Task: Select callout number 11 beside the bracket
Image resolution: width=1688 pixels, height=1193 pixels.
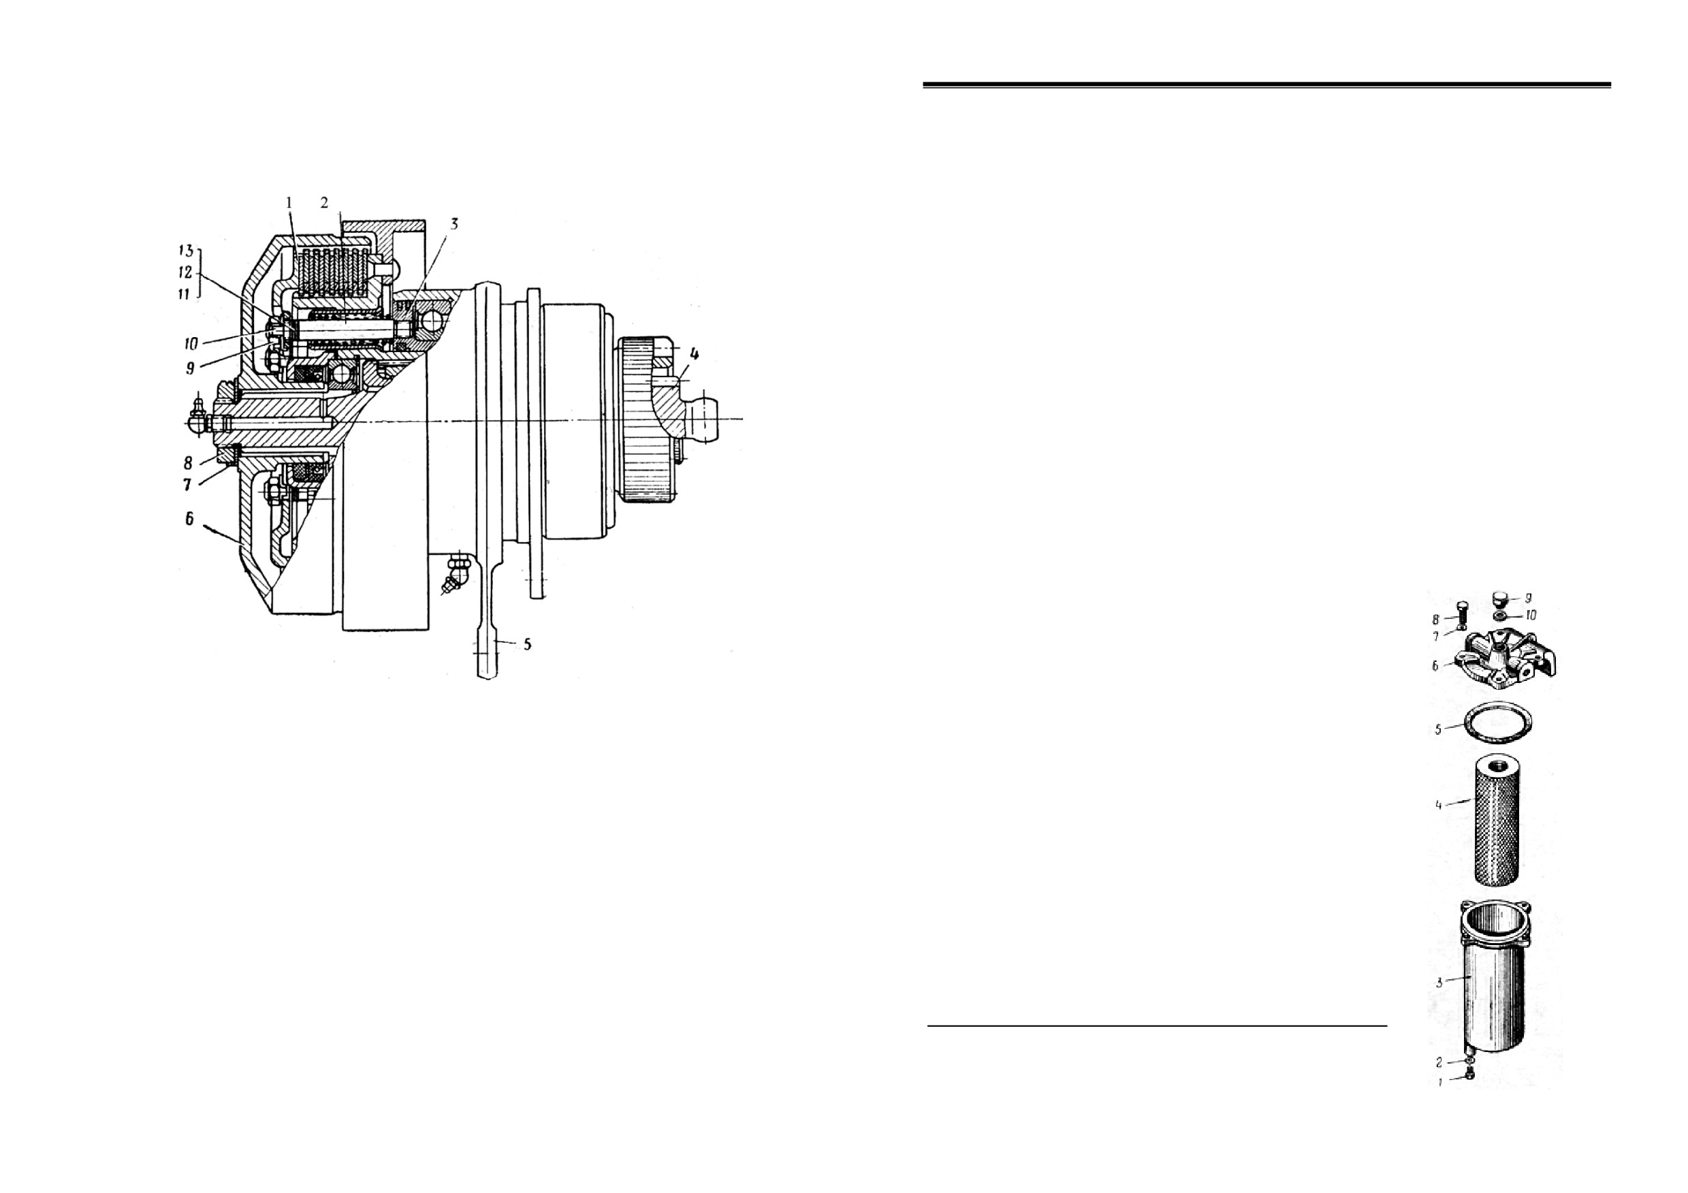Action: tap(184, 294)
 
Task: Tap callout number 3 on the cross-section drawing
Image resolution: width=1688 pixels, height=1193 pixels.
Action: tap(454, 224)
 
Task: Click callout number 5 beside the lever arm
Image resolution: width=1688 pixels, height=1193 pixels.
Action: tap(527, 645)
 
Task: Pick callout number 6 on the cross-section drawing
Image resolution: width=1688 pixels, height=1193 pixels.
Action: tap(189, 519)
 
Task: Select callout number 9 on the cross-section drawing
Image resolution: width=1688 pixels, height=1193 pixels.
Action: tap(190, 368)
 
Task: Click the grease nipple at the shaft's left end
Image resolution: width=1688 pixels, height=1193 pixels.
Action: tap(199, 419)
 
